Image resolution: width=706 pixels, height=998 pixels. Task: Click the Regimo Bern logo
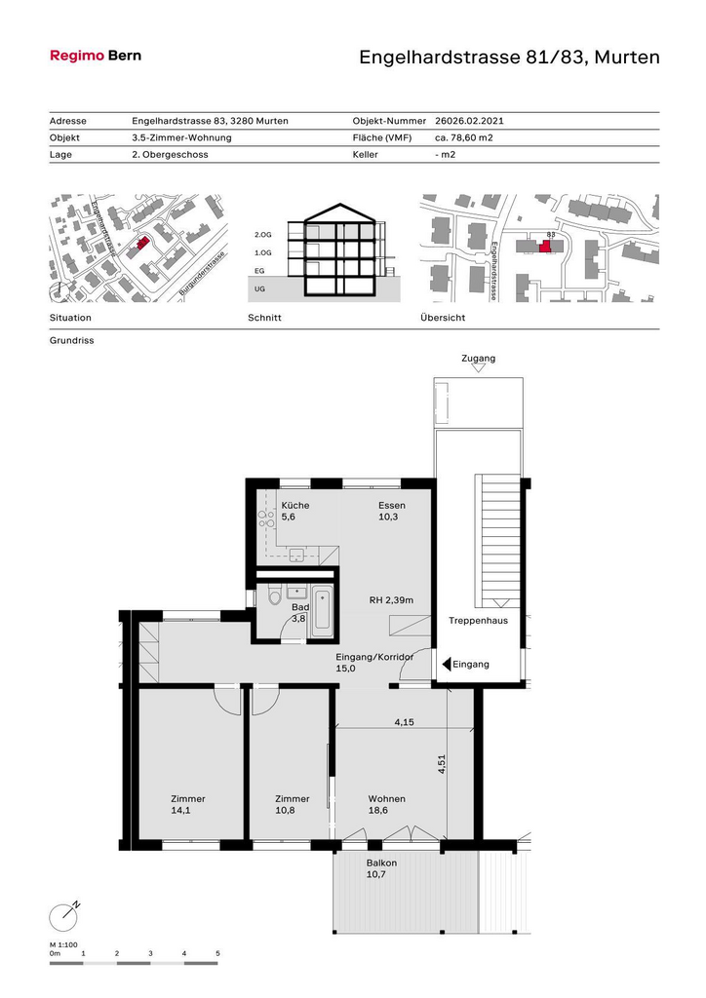coord(96,56)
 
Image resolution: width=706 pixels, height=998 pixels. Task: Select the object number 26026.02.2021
coord(469,121)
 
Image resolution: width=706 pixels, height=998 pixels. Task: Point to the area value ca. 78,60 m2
coord(464,137)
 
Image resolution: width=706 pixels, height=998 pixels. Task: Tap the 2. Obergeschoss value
coord(170,155)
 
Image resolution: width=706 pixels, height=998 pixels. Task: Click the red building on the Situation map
coord(142,243)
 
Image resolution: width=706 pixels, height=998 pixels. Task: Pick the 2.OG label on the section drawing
coord(263,235)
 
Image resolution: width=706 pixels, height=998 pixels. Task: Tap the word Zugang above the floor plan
coord(478,359)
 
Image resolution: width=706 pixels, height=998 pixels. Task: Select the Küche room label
coord(295,506)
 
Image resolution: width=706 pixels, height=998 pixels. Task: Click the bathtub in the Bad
coord(321,612)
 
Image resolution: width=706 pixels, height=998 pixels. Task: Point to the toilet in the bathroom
coord(275,597)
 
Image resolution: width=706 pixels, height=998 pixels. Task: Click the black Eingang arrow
coord(447,665)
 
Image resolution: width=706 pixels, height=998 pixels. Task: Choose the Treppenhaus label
coord(478,621)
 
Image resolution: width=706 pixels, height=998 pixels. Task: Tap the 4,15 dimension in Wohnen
coord(405,722)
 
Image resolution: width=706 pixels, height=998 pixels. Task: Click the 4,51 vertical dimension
coord(442,764)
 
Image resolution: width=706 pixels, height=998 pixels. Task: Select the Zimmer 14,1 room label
coord(188,804)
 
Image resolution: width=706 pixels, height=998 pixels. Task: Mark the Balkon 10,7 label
coord(381,868)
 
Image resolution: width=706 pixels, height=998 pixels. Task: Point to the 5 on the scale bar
coord(217,953)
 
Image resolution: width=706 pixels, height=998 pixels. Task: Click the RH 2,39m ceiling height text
coord(391,600)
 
